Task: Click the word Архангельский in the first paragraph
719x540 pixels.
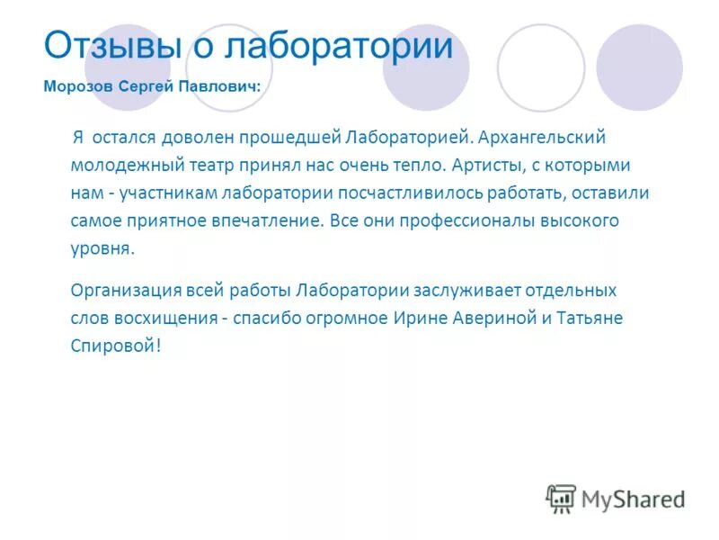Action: coord(543,138)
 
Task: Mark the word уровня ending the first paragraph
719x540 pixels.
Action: coord(101,248)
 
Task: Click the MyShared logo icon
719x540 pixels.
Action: coord(560,498)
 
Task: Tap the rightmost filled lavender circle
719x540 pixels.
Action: coord(639,67)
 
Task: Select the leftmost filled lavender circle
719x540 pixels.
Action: coord(126,67)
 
